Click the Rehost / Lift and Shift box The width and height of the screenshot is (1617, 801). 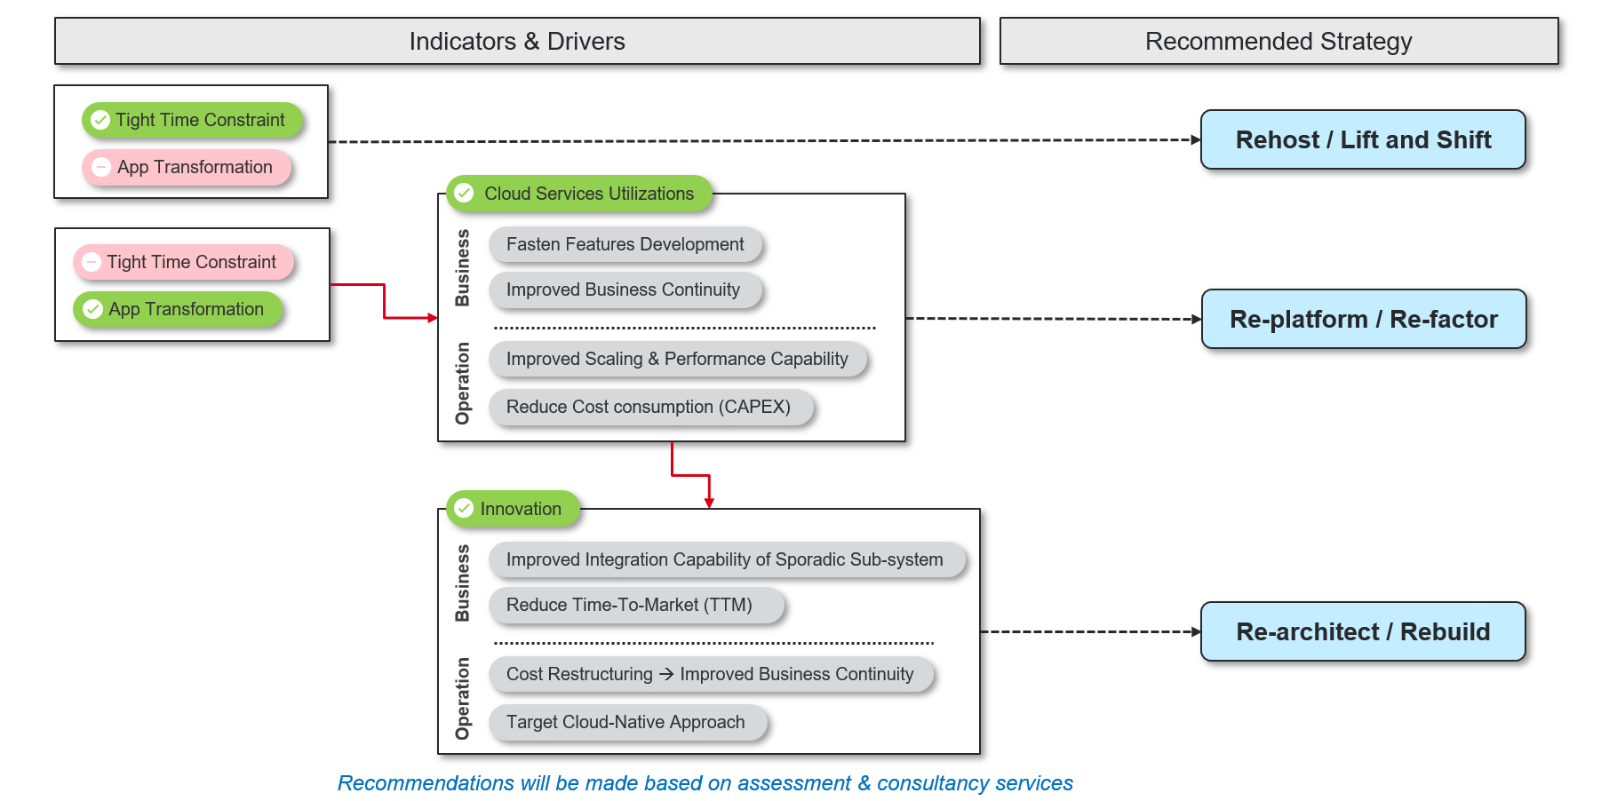[x=1362, y=140]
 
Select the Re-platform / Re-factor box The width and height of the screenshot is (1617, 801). [x=1363, y=320]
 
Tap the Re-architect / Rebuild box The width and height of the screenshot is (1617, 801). [x=1362, y=632]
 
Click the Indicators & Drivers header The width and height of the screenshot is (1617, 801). [x=516, y=42]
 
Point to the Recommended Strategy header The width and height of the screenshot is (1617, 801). [x=1278, y=42]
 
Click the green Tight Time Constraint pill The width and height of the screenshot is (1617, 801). [x=192, y=120]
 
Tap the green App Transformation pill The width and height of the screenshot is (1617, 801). [x=178, y=309]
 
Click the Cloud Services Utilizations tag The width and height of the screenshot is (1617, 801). [x=579, y=194]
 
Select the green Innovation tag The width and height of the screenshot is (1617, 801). [x=513, y=509]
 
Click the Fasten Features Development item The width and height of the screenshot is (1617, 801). [x=625, y=244]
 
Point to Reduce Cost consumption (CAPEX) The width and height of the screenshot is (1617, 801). [x=649, y=407]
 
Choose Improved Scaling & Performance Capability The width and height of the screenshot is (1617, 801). [x=677, y=359]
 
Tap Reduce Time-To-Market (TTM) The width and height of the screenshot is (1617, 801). [x=629, y=605]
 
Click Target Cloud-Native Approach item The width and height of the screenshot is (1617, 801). [x=625, y=722]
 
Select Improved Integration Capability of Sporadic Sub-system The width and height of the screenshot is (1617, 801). [x=725, y=559]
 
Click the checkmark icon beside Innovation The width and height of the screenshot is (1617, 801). [x=464, y=509]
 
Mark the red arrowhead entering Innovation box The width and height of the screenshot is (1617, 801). [x=709, y=504]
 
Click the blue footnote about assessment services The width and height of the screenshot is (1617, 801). [x=705, y=783]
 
